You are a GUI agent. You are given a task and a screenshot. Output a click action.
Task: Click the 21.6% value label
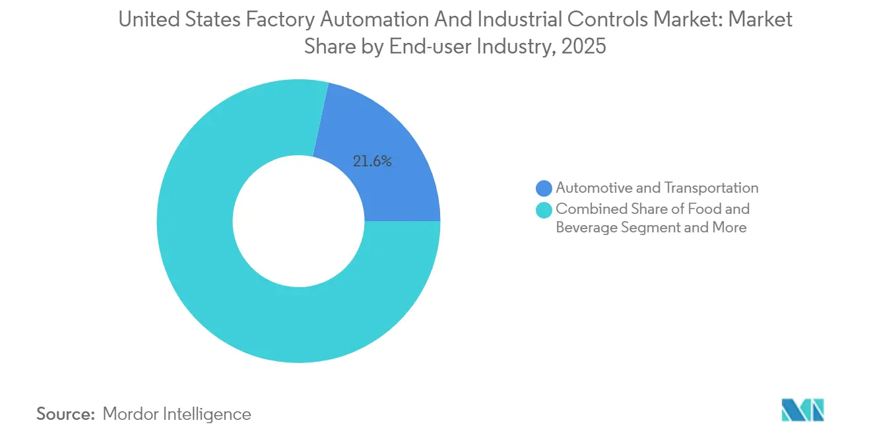(x=372, y=161)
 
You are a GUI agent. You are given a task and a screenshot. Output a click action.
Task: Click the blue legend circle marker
(x=544, y=189)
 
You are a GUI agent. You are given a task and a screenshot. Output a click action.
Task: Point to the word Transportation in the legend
(x=711, y=188)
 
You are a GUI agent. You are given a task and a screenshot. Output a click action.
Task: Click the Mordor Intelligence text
(x=177, y=414)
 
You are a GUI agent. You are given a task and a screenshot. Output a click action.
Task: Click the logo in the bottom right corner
(x=802, y=410)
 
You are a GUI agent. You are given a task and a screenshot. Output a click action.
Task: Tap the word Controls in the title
(x=614, y=20)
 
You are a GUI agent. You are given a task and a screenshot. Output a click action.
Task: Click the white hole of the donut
(x=298, y=220)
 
